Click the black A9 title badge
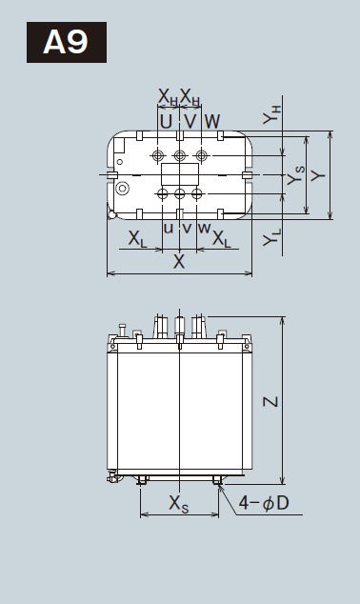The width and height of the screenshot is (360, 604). click(x=67, y=42)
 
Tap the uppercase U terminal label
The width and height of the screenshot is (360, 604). click(x=166, y=121)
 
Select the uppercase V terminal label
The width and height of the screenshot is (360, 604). click(x=190, y=121)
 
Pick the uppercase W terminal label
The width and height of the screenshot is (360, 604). click(x=212, y=121)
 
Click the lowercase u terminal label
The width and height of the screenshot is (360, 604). click(x=169, y=229)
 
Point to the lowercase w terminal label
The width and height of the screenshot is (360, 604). click(x=204, y=229)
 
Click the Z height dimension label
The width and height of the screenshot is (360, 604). click(x=270, y=402)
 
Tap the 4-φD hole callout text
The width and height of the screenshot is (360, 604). click(x=264, y=503)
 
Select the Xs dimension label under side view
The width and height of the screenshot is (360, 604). click(x=179, y=504)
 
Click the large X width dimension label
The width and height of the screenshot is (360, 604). click(x=179, y=262)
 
